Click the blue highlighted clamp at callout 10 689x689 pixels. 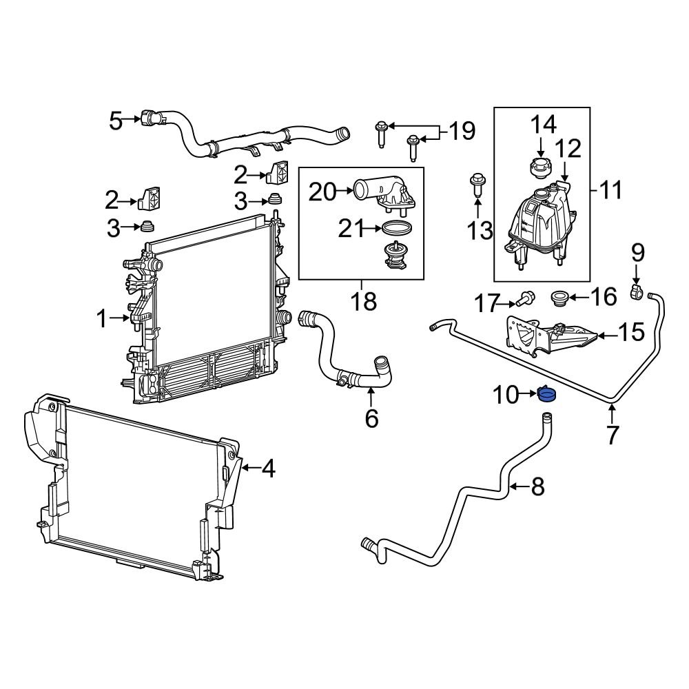click(x=548, y=395)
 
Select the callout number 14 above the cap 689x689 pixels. click(x=542, y=125)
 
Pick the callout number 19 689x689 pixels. click(x=462, y=130)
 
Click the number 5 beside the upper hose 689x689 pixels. click(x=116, y=121)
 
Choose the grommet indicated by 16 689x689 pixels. click(x=559, y=298)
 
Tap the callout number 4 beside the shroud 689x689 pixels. click(x=268, y=469)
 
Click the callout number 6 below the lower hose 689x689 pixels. click(x=371, y=418)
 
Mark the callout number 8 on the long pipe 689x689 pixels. click(x=537, y=487)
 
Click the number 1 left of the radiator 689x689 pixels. click(x=102, y=318)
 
